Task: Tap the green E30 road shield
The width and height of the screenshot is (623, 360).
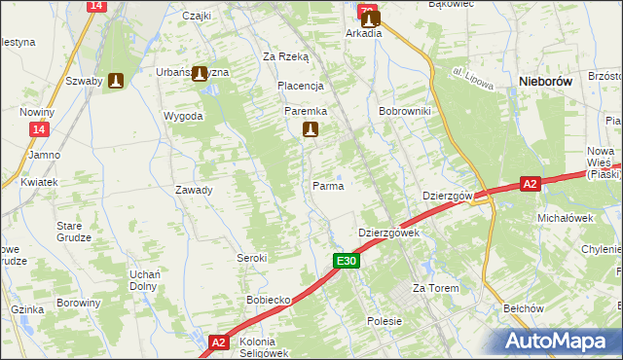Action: tap(348, 261)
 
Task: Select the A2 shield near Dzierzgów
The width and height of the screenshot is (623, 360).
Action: tap(530, 182)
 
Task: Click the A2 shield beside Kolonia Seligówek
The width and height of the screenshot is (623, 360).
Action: tap(220, 342)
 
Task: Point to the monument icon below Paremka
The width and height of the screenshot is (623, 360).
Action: tap(311, 130)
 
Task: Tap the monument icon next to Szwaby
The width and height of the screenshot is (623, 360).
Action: tap(117, 82)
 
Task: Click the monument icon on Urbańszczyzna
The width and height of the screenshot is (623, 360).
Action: tap(201, 73)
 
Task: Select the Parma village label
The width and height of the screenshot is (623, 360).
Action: tap(327, 185)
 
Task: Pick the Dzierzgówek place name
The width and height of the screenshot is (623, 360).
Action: tap(388, 234)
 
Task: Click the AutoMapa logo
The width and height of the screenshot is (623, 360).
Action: tap(559, 341)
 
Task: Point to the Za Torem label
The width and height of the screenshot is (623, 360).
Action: tap(434, 289)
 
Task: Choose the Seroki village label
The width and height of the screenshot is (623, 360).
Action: tap(252, 258)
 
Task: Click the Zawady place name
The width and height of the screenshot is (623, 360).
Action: tap(194, 190)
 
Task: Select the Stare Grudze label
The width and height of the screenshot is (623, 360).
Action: tap(74, 231)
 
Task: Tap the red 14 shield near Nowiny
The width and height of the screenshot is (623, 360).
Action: tap(38, 129)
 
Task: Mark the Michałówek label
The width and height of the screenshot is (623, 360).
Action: tap(566, 218)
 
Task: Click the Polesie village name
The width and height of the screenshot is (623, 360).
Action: tap(385, 320)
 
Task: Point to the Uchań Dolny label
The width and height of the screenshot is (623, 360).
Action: tap(145, 280)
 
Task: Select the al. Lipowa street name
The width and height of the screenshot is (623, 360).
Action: tap(473, 80)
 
